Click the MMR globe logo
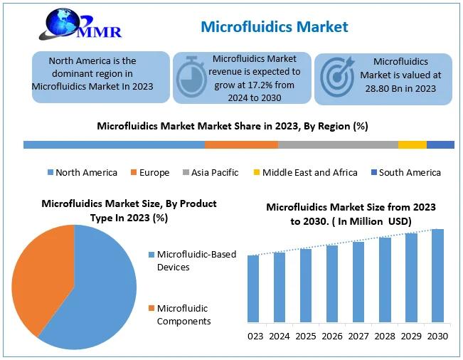80,24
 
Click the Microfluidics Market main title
275,26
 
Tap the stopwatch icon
191,77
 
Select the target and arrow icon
338,77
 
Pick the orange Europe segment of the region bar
242,144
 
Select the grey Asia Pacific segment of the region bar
338,144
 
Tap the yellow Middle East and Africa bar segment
413,144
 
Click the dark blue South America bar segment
440,144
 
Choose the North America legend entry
83,172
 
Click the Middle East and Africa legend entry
306,172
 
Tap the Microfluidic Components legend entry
179,314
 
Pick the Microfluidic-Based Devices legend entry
192,260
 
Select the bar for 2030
437,275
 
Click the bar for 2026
332,284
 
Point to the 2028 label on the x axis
385,336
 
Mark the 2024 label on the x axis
280,336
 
